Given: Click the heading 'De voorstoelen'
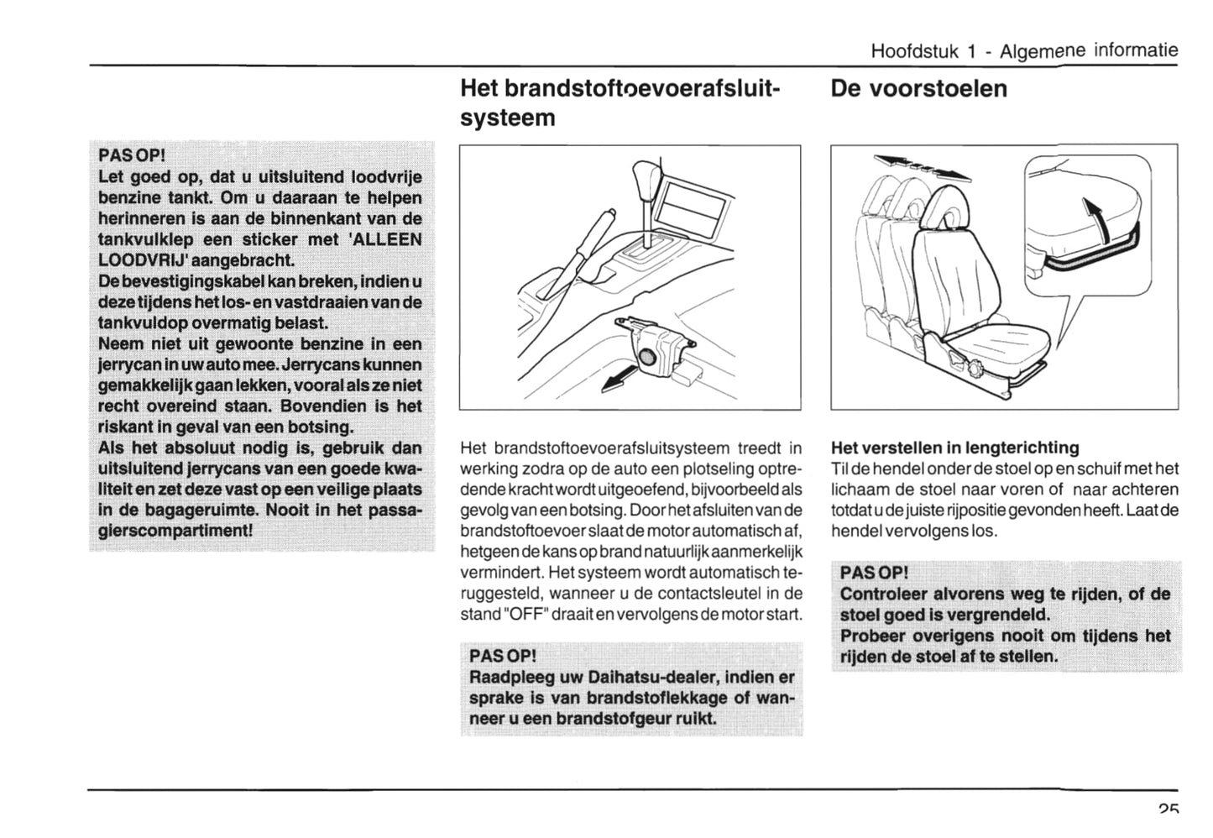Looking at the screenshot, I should point(918,89).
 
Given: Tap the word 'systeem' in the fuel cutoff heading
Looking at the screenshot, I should point(508,118).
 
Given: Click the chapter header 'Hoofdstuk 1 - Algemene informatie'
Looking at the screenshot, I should point(1024,50).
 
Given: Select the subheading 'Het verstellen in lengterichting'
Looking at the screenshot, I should point(954,448).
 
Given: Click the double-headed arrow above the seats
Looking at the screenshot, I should point(922,166).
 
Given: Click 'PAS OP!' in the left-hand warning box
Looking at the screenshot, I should point(132,156).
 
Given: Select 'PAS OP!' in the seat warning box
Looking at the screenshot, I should point(874,574).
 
